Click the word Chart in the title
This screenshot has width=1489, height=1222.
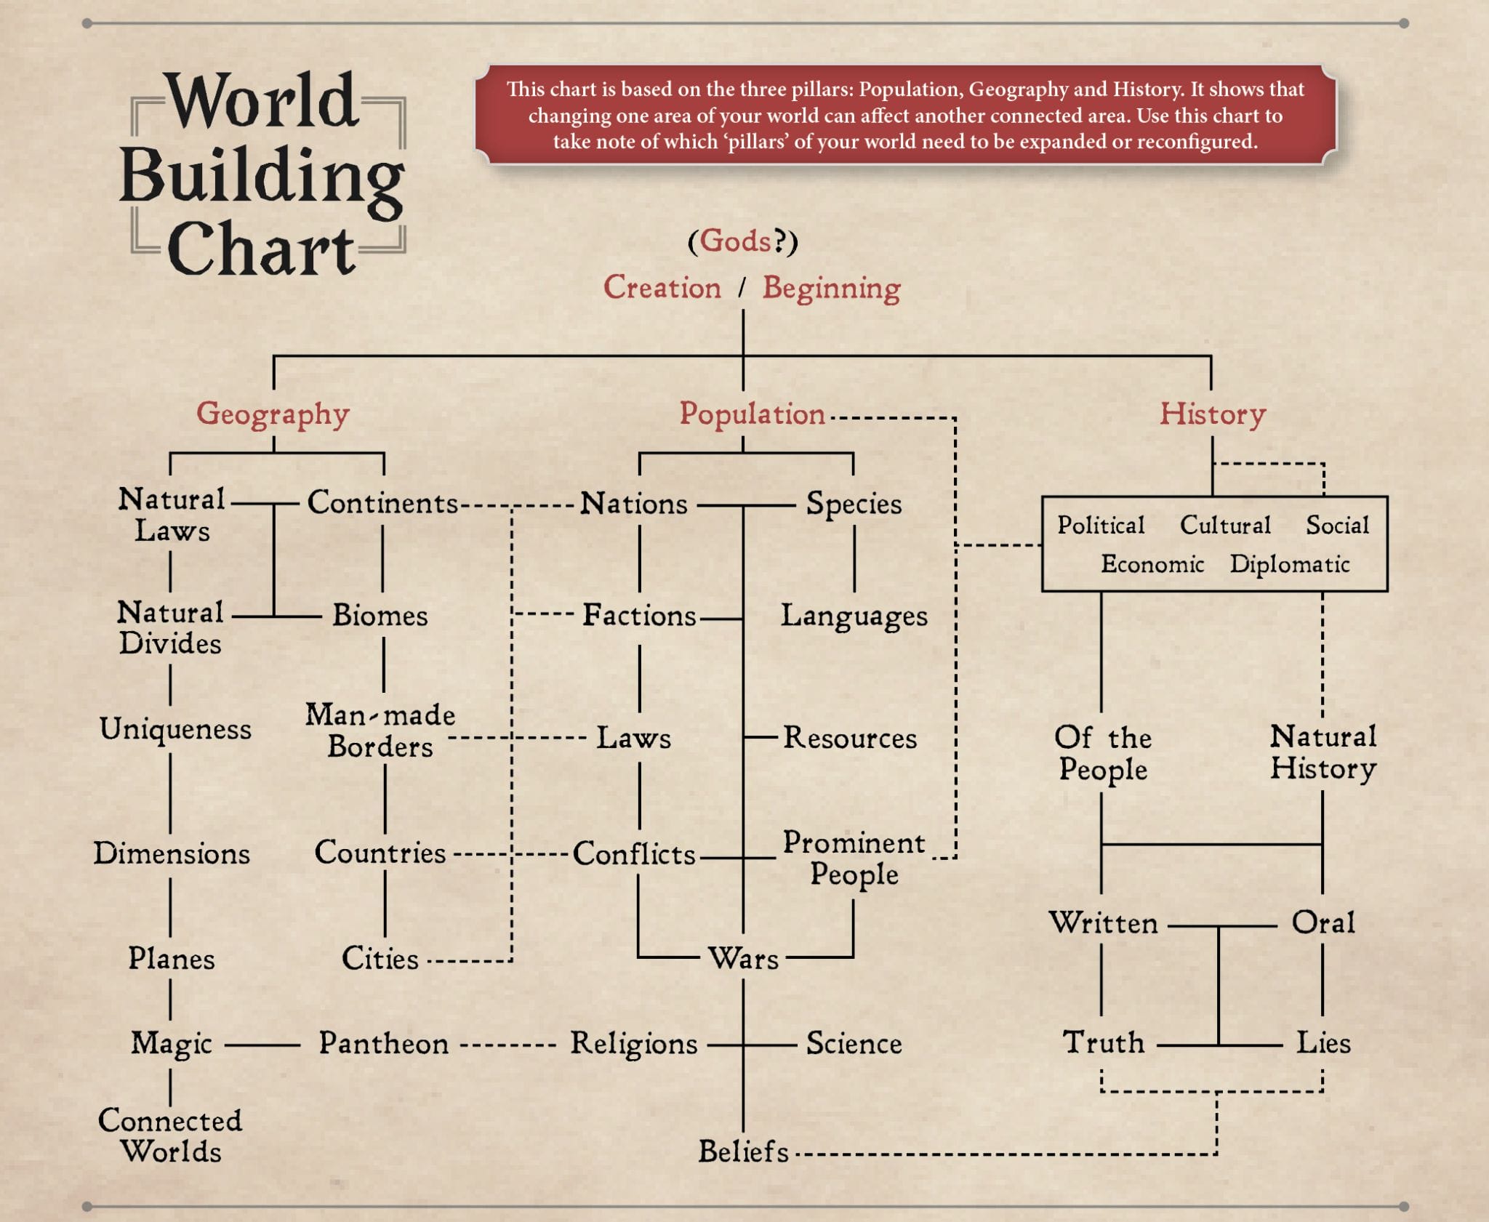tap(262, 249)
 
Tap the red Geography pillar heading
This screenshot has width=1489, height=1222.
tap(273, 414)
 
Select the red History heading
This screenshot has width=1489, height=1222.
tap(1212, 414)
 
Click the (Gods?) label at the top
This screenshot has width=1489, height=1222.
tap(742, 241)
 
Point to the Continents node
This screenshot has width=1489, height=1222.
tap(382, 502)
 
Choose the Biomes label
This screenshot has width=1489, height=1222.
tap(380, 616)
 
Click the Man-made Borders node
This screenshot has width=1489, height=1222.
tap(380, 731)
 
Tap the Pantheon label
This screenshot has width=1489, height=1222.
tap(384, 1044)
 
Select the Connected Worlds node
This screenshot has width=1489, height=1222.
tap(171, 1136)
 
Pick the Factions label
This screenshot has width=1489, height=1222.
tap(639, 616)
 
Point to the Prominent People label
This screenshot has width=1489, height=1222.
tap(854, 859)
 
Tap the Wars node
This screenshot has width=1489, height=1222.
tap(743, 959)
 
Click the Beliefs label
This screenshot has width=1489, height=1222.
tap(743, 1151)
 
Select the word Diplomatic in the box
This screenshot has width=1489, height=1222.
tap(1290, 564)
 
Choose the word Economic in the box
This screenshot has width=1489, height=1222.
tap(1152, 564)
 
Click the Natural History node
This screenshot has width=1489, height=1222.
tap(1323, 752)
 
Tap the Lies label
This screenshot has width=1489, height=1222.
tap(1323, 1043)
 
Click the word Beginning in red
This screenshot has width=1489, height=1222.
tap(832, 289)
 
